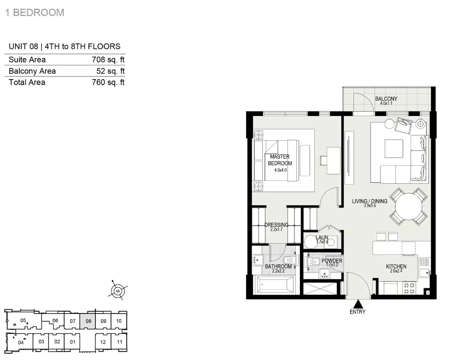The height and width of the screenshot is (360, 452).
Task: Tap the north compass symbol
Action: coord(118,290)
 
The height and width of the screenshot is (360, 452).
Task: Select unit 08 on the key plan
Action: coord(88,321)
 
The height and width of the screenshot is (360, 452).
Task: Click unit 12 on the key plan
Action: coord(103,342)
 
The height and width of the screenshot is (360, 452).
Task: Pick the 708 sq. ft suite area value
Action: coord(108,59)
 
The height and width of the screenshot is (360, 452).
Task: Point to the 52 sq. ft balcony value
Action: coord(111,71)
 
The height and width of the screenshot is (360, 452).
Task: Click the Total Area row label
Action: coord(27,82)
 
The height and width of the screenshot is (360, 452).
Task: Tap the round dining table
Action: coord(409,206)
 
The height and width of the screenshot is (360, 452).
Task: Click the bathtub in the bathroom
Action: coord(275,285)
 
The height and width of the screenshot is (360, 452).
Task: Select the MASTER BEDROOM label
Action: coord(280,160)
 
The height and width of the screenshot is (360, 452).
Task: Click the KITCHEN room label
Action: coord(396,267)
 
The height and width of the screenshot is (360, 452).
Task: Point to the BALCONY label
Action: coord(386,99)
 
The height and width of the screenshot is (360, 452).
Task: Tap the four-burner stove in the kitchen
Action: coord(410,289)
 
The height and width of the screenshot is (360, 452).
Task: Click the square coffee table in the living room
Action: coord(394,149)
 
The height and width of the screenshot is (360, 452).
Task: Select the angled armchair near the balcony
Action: coord(404,126)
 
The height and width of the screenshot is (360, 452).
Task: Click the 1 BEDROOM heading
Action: coord(35,13)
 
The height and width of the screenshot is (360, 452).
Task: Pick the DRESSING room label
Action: coord(276,225)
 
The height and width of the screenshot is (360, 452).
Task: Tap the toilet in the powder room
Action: coord(312,262)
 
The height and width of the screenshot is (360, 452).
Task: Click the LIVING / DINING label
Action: coord(370,201)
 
